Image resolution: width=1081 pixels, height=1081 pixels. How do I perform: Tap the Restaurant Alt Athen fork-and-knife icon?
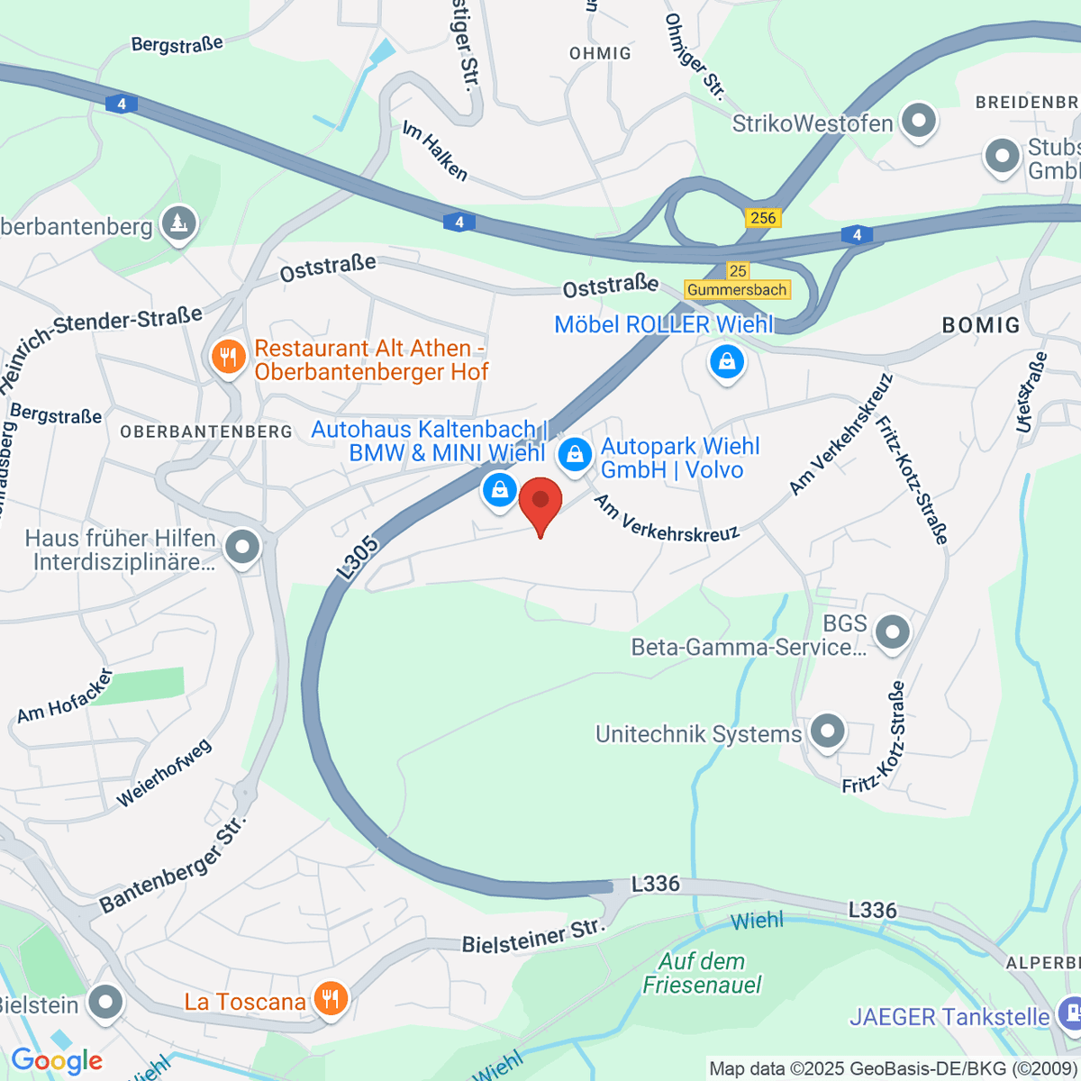pyautogui.click(x=229, y=358)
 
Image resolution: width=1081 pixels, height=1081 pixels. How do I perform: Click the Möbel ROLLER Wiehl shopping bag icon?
pyautogui.click(x=726, y=362)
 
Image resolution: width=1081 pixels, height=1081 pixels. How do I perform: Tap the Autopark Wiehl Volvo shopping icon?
pyautogui.click(x=575, y=454)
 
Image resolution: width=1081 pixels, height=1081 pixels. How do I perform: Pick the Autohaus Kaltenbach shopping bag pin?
pyautogui.click(x=499, y=490)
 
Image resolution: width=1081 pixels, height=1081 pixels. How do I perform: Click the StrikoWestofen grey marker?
pyautogui.click(x=919, y=120)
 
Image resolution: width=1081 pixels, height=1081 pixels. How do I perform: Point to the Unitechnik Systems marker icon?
pyautogui.click(x=827, y=731)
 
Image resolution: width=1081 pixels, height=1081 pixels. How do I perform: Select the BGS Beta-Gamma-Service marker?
pyautogui.click(x=892, y=631)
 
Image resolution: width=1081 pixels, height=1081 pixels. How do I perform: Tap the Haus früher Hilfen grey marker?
pyautogui.click(x=242, y=547)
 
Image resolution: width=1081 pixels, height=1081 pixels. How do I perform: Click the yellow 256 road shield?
pyautogui.click(x=763, y=218)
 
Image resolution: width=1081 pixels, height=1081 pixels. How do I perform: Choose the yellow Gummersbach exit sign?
pyautogui.click(x=737, y=290)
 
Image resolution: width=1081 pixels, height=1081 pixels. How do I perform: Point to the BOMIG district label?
pyautogui.click(x=981, y=325)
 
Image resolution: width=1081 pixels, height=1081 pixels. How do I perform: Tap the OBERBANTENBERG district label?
pyautogui.click(x=206, y=431)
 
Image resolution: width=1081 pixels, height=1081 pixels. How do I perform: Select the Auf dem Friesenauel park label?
pyautogui.click(x=702, y=973)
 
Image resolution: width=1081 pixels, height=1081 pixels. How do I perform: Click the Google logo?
pyautogui.click(x=57, y=1060)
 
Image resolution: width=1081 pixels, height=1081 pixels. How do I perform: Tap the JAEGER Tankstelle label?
pyautogui.click(x=949, y=1017)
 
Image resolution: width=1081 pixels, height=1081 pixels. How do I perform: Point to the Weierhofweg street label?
pyautogui.click(x=164, y=773)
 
